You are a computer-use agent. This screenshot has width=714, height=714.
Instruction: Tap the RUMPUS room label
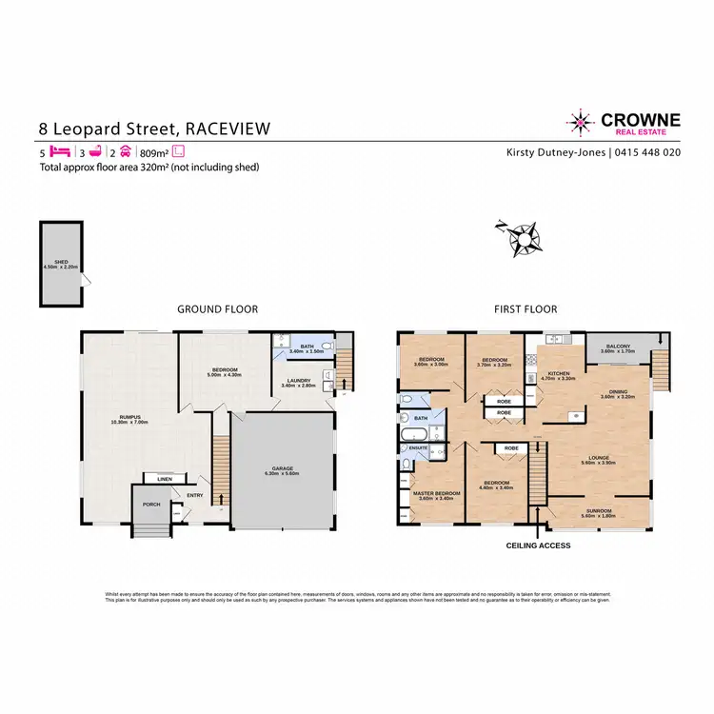[123, 417]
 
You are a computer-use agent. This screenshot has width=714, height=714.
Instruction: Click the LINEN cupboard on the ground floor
[164, 479]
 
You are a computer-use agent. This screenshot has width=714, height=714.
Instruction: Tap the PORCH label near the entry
[149, 505]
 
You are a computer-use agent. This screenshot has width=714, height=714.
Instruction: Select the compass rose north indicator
[523, 234]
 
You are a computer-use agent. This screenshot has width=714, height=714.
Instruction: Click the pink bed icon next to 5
[60, 151]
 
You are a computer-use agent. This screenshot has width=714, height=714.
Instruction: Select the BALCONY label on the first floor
[614, 347]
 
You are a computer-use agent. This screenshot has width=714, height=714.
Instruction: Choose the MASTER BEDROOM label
[436, 493]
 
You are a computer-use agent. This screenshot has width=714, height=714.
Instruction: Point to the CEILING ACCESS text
[539, 545]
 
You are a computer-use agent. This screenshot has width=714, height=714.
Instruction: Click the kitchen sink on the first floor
[555, 340]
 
